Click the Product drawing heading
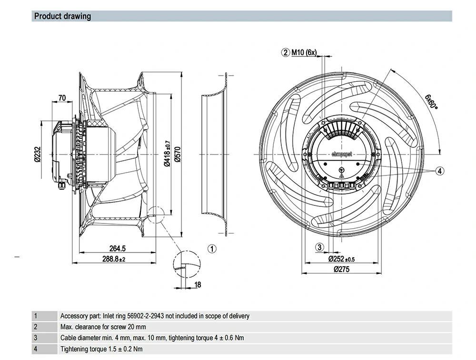(x=62, y=16)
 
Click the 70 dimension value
(x=62, y=98)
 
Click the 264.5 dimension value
(x=117, y=248)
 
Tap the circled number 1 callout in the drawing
(x=212, y=248)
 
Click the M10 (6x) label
(x=304, y=52)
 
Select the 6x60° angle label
(x=431, y=101)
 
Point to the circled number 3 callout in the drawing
(x=319, y=246)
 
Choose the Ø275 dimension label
(x=342, y=269)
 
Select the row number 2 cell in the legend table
(x=35, y=327)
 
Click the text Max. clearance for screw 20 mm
(x=103, y=327)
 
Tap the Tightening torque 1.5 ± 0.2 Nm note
(x=101, y=349)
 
